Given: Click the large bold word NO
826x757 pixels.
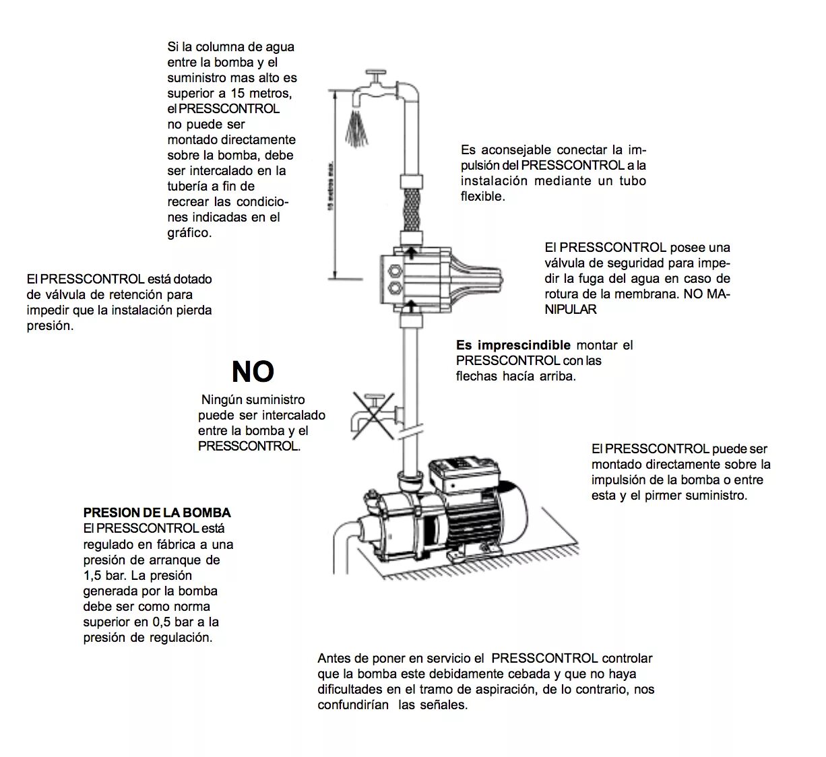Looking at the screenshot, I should [253, 371].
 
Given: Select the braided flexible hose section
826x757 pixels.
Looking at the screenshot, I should [411, 209].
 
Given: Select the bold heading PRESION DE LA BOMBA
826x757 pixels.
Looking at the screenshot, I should [157, 513].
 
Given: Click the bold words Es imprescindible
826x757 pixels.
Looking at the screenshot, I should [513, 345].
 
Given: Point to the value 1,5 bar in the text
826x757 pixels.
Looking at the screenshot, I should [104, 575].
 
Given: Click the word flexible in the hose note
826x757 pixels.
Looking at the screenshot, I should [482, 197].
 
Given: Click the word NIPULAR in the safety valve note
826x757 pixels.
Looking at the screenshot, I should [571, 310].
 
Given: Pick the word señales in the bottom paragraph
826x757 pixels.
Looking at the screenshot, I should [442, 705].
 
